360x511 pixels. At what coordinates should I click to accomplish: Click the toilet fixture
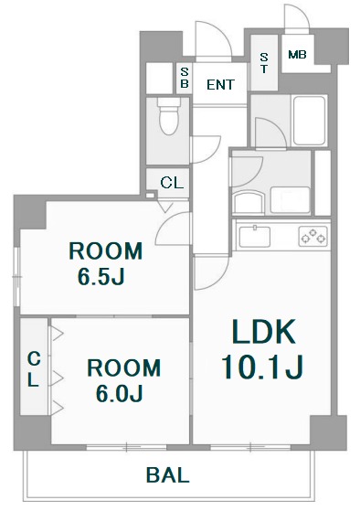169,116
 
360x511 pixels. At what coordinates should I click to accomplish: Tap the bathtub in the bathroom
310,121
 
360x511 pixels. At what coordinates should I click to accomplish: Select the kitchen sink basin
254,236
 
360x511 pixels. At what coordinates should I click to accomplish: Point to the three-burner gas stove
313,236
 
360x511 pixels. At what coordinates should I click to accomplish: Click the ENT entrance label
220,85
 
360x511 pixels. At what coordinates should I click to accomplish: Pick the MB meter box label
297,55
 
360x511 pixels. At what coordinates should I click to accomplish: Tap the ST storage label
264,63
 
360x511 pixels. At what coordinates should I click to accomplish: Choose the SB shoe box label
185,78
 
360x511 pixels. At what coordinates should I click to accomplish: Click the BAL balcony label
167,475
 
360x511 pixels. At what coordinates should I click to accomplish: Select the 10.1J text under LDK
262,367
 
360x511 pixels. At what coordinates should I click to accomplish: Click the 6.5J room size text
101,277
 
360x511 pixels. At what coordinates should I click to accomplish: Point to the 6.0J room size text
120,393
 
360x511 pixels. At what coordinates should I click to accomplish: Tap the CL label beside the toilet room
172,183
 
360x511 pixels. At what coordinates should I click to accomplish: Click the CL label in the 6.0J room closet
34,369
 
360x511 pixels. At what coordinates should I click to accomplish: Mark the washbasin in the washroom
249,202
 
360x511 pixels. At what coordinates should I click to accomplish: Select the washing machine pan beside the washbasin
290,200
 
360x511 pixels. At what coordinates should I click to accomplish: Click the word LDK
263,332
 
